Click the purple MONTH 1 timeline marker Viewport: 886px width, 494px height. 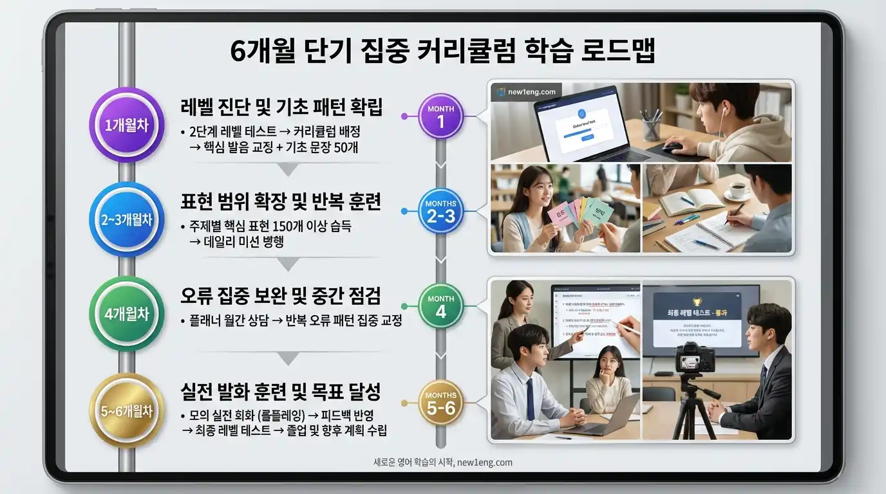click(440, 116)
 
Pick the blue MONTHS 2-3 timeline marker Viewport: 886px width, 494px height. click(440, 211)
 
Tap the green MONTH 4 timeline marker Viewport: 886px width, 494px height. click(440, 306)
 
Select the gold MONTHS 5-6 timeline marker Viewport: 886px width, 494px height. click(440, 403)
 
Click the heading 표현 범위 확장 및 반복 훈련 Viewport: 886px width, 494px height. click(281, 201)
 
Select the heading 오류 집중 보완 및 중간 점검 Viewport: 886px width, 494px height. click(281, 296)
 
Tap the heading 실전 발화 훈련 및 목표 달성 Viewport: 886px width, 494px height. click(281, 390)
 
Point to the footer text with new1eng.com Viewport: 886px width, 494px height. click(443, 462)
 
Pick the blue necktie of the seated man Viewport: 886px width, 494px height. click(531, 399)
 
